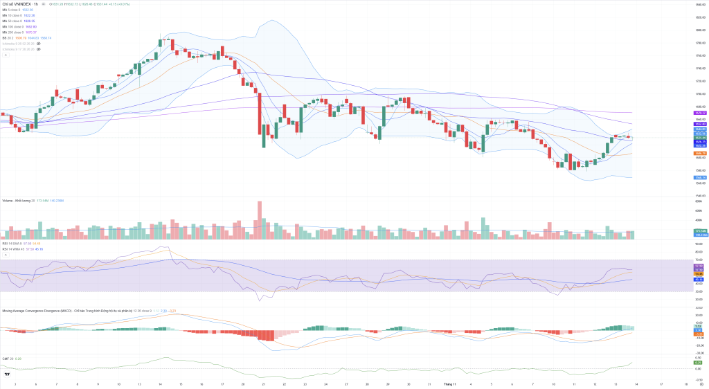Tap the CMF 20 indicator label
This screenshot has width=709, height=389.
(x=8, y=358)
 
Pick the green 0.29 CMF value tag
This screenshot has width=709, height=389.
(x=699, y=363)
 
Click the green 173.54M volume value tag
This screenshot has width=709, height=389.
(x=699, y=230)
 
